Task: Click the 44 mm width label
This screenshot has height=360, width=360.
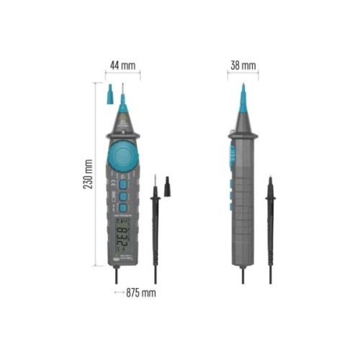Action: pyautogui.click(x=122, y=66)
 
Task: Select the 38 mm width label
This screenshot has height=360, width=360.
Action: pyautogui.click(x=243, y=66)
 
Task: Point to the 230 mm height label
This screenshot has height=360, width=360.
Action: pyautogui.click(x=87, y=174)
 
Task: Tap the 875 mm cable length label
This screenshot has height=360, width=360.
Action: pyautogui.click(x=142, y=293)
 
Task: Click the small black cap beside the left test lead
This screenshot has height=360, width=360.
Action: pyautogui.click(x=167, y=184)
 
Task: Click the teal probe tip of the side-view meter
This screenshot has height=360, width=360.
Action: pyautogui.click(x=243, y=101)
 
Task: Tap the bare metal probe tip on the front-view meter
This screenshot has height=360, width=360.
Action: pyautogui.click(x=122, y=92)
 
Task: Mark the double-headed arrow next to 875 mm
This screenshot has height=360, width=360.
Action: pyautogui.click(x=118, y=293)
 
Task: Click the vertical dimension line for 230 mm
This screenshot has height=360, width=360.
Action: pyautogui.click(x=96, y=174)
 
